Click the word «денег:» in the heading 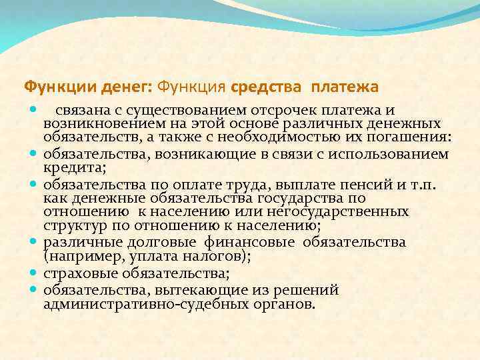coord(125,87)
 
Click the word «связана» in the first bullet coord(80,110)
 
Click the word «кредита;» coord(69,167)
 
